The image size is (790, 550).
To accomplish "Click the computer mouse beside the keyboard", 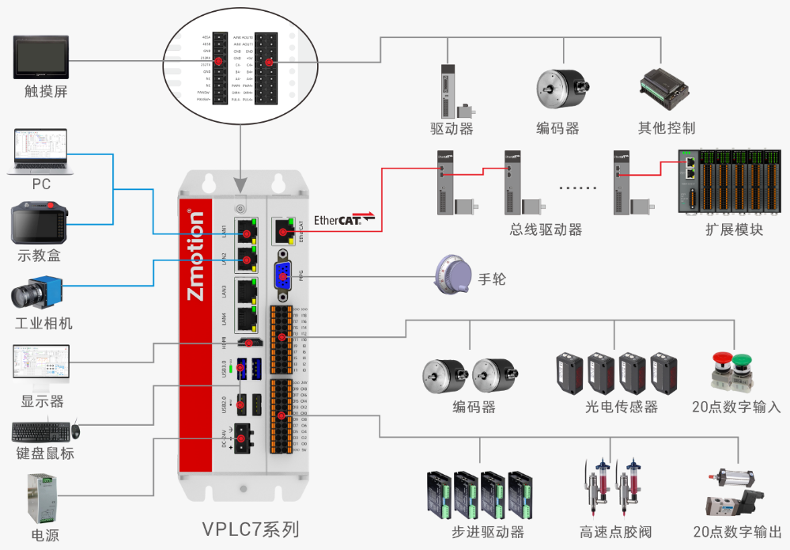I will (x=76, y=431).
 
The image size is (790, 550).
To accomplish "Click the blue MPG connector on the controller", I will (x=283, y=278).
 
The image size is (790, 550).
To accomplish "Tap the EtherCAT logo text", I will (x=338, y=220).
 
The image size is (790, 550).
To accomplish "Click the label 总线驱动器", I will (x=546, y=230).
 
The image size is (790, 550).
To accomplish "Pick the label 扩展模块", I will (x=735, y=230).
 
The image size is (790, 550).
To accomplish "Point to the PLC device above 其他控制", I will (x=667, y=90).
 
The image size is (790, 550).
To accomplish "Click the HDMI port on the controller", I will (x=252, y=343).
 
